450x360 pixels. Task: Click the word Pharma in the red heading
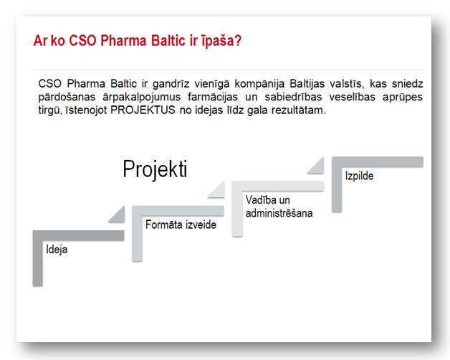[x=123, y=40]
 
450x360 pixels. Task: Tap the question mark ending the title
[x=238, y=40]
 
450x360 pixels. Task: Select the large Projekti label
[x=155, y=169]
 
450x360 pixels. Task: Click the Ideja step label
[x=57, y=250]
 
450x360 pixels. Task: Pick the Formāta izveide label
[x=181, y=224]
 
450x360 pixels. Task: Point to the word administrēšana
[x=279, y=213]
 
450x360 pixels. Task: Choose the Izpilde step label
[x=359, y=176]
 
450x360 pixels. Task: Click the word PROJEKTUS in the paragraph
[x=143, y=110]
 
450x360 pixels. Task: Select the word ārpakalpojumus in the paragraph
[x=141, y=97]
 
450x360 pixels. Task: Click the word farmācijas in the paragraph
[x=213, y=97]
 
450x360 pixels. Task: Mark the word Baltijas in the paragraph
[x=307, y=84]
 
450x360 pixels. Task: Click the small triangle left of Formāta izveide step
[x=119, y=217]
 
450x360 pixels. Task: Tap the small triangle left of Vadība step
[x=219, y=192]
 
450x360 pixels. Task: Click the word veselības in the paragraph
[x=352, y=97]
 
